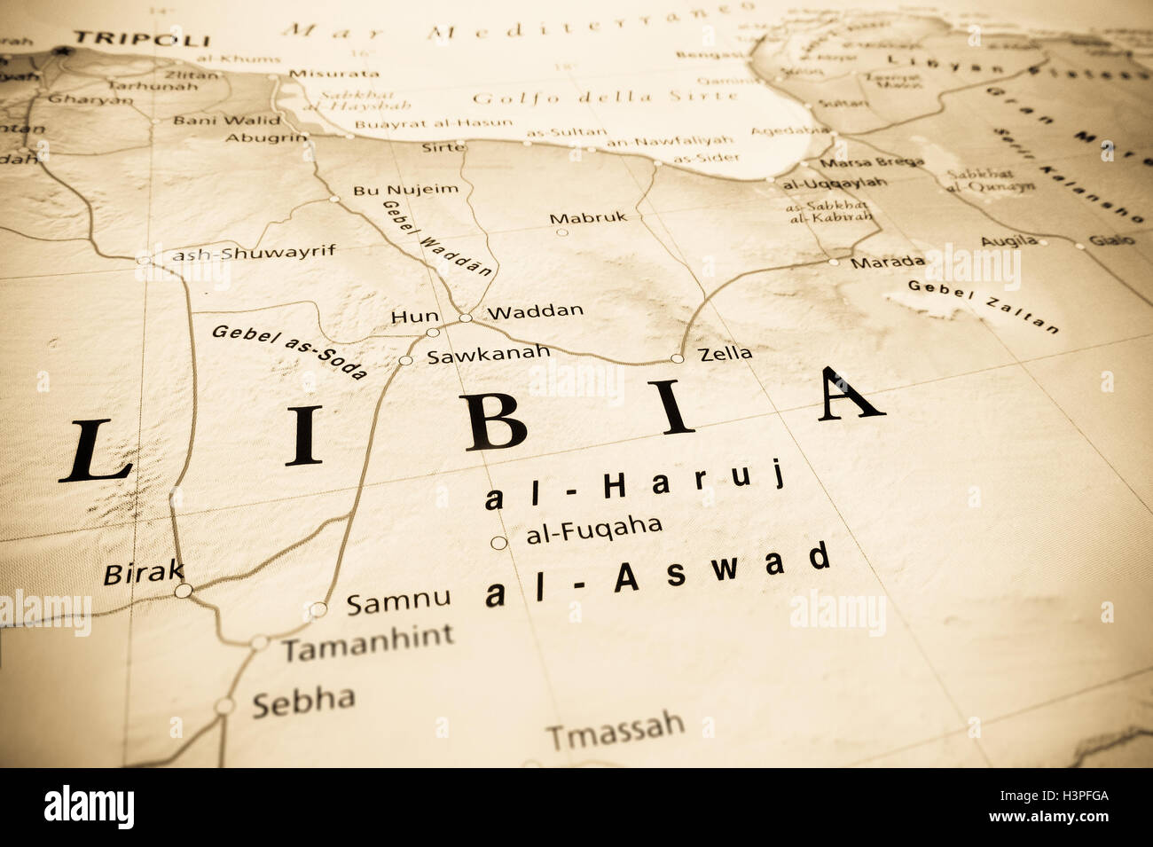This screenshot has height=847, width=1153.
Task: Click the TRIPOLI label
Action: coord(141,39)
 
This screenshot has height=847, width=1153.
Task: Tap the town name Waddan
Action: coord(536,311)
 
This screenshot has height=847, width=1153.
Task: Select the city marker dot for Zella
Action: coord(677,358)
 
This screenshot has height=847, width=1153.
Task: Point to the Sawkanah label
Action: coord(489,354)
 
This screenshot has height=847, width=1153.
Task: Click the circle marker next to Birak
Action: coord(183,591)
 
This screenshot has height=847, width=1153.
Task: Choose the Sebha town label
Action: coord(303,701)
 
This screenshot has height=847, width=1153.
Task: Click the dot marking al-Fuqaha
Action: coord(498,543)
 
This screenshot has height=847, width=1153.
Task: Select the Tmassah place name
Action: coord(616,730)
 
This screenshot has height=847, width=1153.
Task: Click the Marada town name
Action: coord(887,262)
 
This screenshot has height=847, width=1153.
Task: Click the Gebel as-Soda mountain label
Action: coord(289,351)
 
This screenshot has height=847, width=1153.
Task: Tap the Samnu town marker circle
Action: coord(318,609)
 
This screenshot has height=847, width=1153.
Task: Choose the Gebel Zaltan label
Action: coord(983,306)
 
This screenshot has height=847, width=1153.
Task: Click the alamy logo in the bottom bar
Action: coord(89,807)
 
